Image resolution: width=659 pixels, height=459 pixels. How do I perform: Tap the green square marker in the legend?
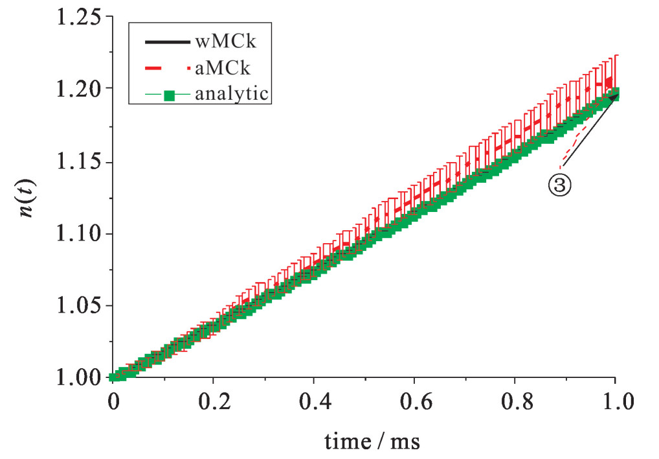pos(170,95)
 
